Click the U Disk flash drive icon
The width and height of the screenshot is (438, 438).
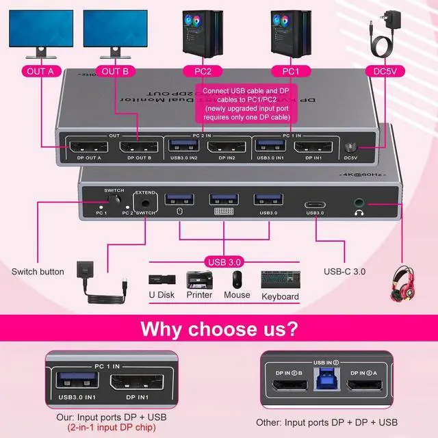[x=160, y=279]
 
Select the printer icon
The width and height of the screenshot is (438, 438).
[x=199, y=279]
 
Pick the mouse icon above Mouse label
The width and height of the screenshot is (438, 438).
[x=237, y=279]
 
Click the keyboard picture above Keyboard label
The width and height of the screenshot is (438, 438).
[x=280, y=280]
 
